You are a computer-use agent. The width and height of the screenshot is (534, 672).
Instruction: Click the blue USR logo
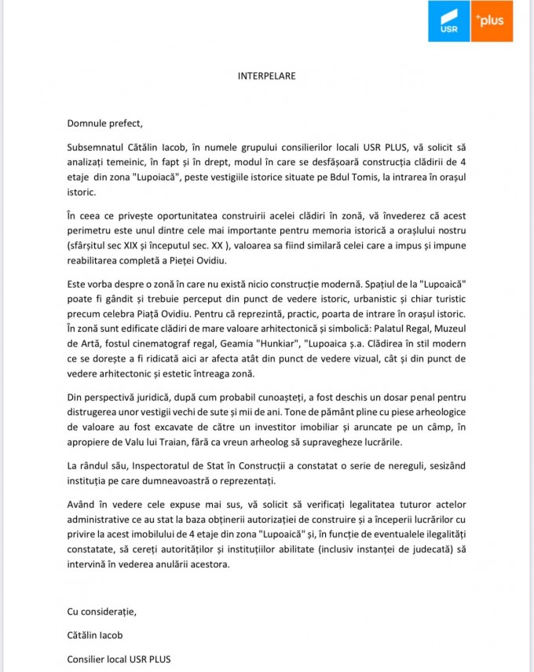[x=449, y=21]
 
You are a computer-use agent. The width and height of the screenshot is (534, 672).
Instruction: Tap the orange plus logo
[x=492, y=21]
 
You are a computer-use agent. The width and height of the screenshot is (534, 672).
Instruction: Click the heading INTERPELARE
[x=267, y=76]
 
